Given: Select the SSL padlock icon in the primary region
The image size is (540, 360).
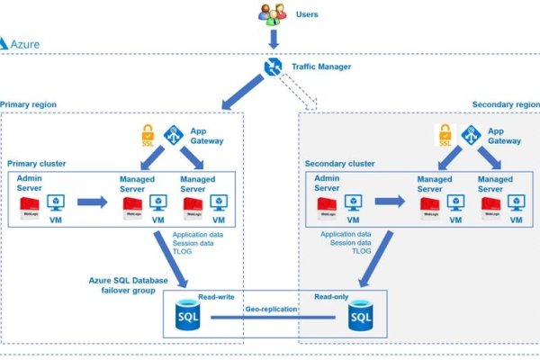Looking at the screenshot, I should pyautogui.click(x=149, y=136).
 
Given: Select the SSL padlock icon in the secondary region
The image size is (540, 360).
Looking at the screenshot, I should pyautogui.click(x=445, y=136).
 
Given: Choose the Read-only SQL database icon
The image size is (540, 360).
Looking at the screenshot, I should pyautogui.click(x=360, y=316).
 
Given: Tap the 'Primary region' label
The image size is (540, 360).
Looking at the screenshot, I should pyautogui.click(x=29, y=104).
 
